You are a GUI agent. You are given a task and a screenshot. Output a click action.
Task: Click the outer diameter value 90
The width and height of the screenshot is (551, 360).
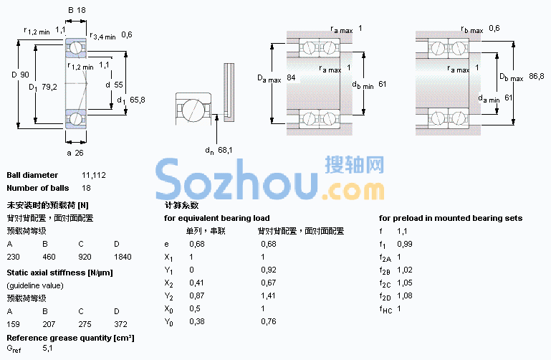[24, 75]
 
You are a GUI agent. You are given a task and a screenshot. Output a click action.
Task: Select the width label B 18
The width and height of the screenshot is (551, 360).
[77, 10]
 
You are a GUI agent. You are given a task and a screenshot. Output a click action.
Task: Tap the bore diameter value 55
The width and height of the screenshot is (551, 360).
[118, 85]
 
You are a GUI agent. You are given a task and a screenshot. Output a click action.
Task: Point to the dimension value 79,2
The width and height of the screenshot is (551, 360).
[49, 87]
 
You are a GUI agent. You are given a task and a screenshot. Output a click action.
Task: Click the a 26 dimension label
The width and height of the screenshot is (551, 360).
[75, 153]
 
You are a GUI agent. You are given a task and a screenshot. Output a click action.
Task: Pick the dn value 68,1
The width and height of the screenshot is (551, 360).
[225, 150]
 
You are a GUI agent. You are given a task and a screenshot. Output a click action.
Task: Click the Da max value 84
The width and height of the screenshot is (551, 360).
[291, 77]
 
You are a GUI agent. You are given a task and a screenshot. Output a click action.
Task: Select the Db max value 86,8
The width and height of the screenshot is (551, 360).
[536, 76]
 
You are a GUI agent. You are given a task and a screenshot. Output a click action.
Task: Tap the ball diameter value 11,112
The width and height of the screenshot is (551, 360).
[94, 175]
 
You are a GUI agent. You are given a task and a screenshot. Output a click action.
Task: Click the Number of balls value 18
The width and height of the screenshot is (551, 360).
[86, 188]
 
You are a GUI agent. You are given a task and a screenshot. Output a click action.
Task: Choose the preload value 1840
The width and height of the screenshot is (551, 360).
[123, 257]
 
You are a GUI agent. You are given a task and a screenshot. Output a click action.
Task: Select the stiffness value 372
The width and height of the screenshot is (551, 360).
[120, 324]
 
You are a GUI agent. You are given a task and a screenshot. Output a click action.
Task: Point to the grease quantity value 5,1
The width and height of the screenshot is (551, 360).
[47, 349]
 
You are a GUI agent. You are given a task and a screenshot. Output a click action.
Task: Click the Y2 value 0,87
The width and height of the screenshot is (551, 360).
[197, 295]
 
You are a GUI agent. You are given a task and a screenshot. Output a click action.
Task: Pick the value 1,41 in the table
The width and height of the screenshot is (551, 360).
[268, 295]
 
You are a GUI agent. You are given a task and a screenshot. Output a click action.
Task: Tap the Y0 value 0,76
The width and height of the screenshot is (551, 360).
[269, 321]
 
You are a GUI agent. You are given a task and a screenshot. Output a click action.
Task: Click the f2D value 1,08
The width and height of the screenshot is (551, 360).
[404, 295]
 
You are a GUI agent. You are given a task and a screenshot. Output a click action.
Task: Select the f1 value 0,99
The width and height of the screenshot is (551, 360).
[405, 244]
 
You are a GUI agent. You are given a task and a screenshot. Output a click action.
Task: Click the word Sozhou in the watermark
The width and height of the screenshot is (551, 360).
[237, 179]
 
